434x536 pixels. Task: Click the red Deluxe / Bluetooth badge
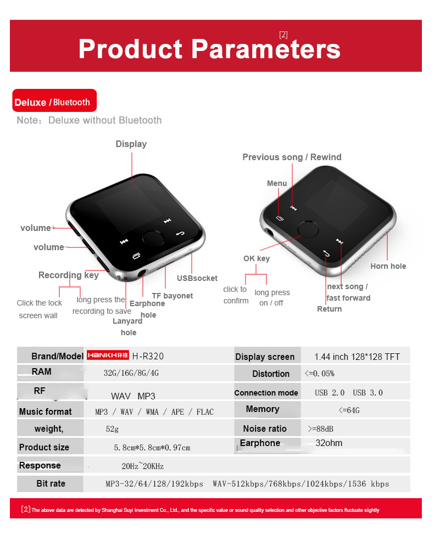point(54,100)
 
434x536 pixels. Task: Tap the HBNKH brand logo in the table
point(108,355)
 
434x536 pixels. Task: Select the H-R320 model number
point(148,356)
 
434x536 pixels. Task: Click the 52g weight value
point(112,429)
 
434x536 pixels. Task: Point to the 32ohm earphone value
point(329,443)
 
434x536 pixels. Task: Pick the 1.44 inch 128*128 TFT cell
point(357,357)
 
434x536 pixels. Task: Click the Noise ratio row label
point(265,428)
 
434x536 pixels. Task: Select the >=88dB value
point(320,429)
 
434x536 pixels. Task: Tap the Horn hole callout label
point(388,266)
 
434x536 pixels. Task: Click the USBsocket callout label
point(197,278)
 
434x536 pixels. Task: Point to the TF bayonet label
point(172,296)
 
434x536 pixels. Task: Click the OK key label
point(257,258)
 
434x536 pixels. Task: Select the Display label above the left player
point(131,144)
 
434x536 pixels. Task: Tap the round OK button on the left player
point(153,238)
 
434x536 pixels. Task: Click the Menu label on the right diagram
point(277,183)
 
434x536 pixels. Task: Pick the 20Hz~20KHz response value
point(142,466)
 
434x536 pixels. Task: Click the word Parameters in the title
point(265,49)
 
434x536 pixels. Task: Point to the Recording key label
point(69,275)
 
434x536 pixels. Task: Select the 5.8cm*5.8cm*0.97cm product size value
point(152,448)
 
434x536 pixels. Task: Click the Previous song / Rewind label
point(292,157)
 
